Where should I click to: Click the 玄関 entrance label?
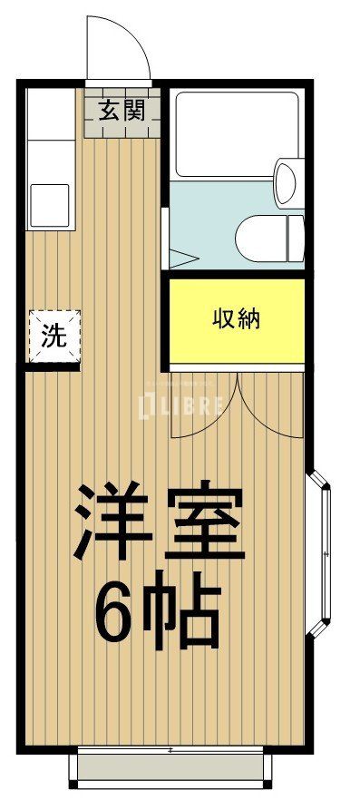[121, 112]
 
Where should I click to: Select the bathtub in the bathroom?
[235, 133]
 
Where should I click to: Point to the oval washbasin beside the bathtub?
[286, 182]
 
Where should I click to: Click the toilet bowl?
[258, 239]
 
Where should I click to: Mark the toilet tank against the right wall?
[296, 239]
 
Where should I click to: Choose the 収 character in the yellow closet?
[224, 318]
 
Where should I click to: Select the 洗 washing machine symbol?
[54, 336]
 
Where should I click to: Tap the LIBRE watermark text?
[180, 405]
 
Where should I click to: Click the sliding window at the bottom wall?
[170, 766]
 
